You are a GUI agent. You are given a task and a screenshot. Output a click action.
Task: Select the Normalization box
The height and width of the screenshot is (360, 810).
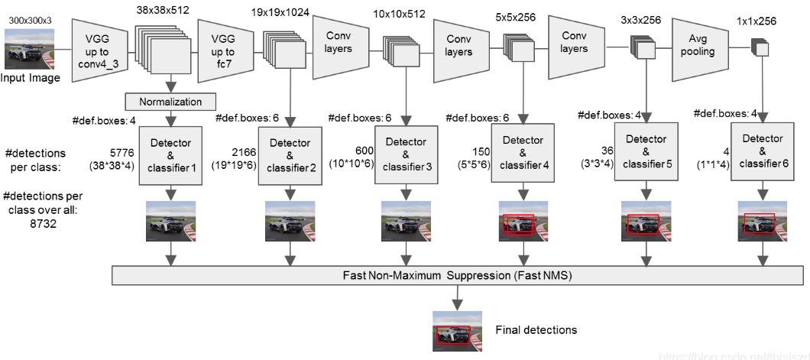pyautogui.click(x=170, y=101)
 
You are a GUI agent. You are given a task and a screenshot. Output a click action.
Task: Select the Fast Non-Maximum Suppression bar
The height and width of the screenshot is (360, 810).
pyautogui.click(x=458, y=274)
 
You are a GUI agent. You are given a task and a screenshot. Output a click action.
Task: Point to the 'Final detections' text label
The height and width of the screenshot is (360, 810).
pyautogui.click(x=536, y=330)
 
